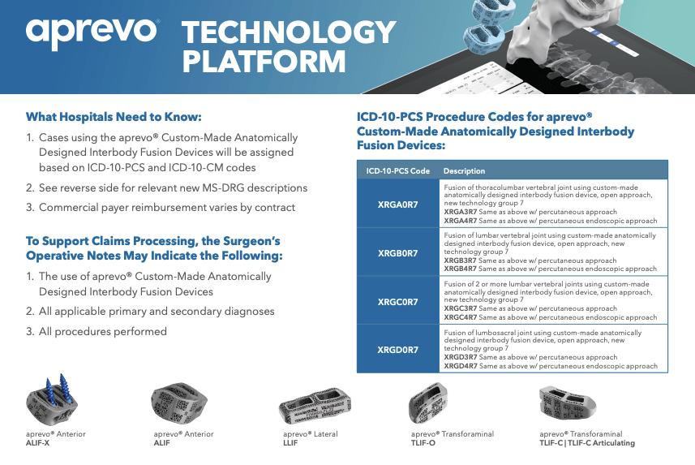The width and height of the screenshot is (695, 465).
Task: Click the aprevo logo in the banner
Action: coord(92,33)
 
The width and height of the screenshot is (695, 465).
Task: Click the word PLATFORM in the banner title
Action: coord(264,61)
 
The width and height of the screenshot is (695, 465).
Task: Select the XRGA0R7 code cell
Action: coord(397,205)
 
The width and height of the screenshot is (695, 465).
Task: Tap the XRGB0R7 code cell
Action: coord(397,253)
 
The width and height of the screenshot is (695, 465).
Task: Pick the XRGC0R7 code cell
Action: coord(397,302)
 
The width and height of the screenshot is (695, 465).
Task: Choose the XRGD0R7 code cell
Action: coord(397,350)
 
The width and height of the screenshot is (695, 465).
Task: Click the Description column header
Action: coord(464,171)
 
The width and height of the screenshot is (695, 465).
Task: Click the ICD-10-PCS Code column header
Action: coord(397,171)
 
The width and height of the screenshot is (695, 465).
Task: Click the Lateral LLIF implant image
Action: coord(315,405)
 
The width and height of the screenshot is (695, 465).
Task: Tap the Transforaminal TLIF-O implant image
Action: coord(427,403)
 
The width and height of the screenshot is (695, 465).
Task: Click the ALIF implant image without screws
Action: coord(179,402)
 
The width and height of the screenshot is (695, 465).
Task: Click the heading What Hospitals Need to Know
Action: coord(114,117)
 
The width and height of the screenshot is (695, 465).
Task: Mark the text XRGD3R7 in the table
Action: coord(461,357)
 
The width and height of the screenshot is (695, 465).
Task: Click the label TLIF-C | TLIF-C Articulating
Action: coord(587,443)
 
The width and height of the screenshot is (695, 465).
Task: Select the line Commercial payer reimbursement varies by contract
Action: coord(161,207)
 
